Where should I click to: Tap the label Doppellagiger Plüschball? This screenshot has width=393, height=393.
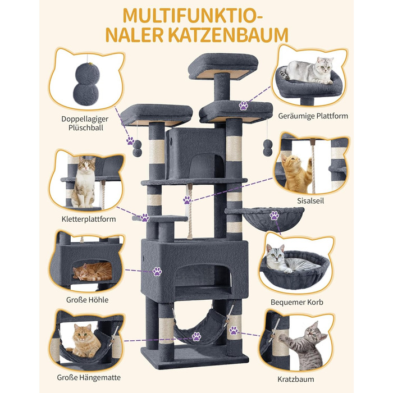point(85,123)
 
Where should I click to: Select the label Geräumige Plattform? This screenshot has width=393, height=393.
point(313,116)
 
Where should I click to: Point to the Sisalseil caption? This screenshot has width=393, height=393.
point(310,200)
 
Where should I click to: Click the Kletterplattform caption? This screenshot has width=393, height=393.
point(89,219)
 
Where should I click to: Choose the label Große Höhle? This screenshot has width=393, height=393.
point(87,300)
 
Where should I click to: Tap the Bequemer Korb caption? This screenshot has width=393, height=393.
point(297,302)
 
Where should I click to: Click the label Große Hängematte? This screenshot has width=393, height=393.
point(89,377)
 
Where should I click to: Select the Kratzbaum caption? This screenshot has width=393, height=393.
point(296,379)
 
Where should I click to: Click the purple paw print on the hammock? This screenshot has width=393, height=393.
point(196,336)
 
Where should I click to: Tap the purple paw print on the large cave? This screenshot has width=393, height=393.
point(157,271)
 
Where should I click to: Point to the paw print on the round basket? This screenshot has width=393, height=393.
point(274,216)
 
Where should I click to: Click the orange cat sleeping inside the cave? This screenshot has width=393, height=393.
point(93,271)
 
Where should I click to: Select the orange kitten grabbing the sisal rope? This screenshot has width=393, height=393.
point(296,173)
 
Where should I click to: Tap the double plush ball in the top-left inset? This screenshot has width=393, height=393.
point(86,84)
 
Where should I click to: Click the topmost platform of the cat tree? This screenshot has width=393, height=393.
point(223,66)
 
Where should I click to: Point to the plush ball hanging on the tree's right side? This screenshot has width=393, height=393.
point(268,148)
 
